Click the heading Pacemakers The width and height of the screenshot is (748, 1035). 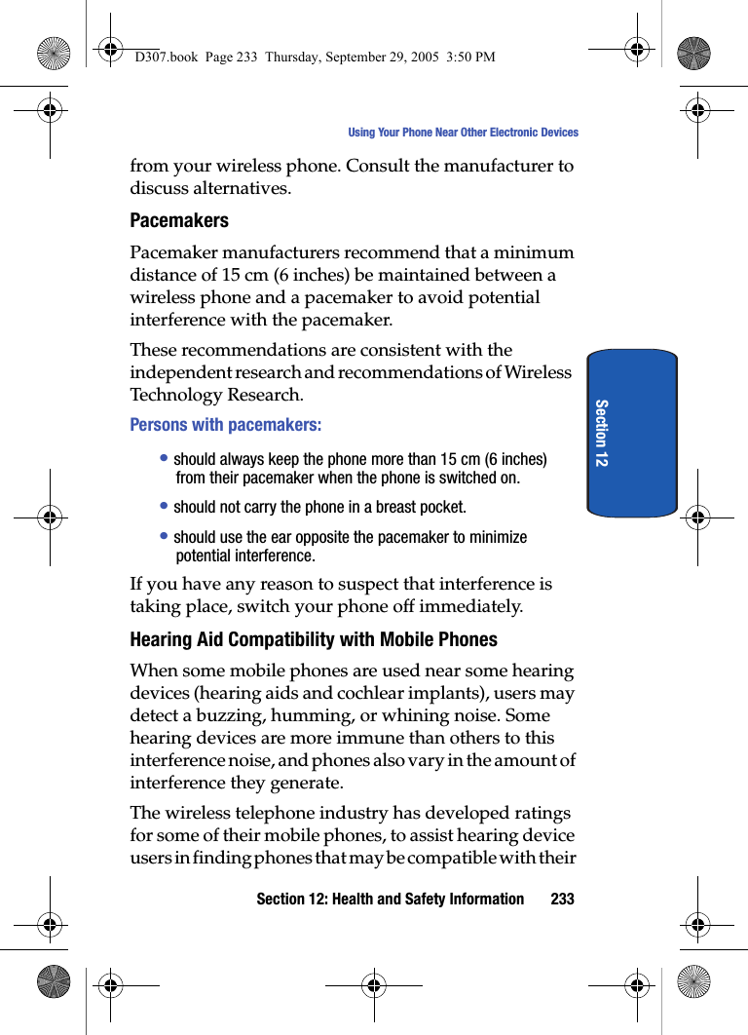click(x=179, y=220)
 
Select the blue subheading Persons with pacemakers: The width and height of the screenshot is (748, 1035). click(x=226, y=425)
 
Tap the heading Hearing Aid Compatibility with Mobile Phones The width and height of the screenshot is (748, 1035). click(x=314, y=639)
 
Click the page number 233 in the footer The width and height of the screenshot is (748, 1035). click(x=562, y=899)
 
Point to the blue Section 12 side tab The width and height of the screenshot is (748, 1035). click(x=631, y=432)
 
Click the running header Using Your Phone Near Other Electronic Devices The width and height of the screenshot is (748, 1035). click(x=463, y=133)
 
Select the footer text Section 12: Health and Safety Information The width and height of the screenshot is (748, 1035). click(x=390, y=899)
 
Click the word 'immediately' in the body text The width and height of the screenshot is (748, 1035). click(x=474, y=606)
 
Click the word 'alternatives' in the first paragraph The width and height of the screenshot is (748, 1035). click(x=240, y=187)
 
